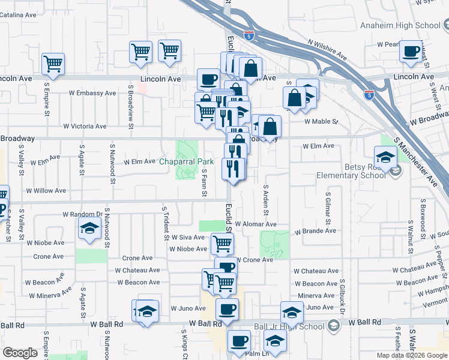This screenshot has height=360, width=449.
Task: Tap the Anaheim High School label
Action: click(408, 25)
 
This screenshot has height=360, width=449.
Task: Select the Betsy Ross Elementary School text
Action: click(352, 171)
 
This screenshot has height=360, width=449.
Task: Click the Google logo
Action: click(20, 353)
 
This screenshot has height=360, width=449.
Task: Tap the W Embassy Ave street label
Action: click(92, 94)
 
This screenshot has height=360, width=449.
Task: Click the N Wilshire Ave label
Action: click(327, 51)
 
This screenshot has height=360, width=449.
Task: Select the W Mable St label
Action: click(321, 122)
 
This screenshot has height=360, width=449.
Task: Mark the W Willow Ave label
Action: click(46, 190)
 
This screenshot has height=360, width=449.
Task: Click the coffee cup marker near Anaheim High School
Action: click(411, 52)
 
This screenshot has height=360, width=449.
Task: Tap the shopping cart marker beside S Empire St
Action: click(53, 63)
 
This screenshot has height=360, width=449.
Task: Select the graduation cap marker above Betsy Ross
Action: click(385, 158)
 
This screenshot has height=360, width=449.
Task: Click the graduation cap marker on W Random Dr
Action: click(89, 229)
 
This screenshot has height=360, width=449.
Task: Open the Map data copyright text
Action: click(411, 355)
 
